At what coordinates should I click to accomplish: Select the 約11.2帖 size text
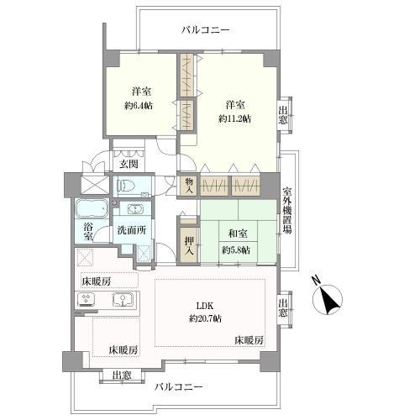[x=234, y=118]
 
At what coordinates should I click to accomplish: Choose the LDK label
[x=205, y=305]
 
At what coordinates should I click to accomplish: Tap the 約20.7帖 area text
[x=205, y=318]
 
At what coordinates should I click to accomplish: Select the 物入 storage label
[x=189, y=186]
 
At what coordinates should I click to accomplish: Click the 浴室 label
[x=88, y=233]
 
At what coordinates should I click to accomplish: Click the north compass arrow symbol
[x=328, y=300]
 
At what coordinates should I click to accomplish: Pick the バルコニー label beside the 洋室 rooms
[x=205, y=29]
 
